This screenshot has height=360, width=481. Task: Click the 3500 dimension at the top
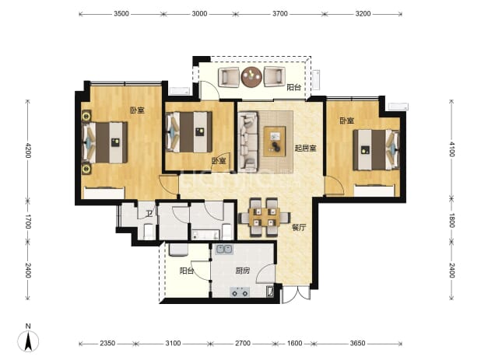click(x=121, y=14)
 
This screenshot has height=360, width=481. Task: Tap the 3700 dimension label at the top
click(x=280, y=14)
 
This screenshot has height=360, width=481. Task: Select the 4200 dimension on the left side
click(x=28, y=150)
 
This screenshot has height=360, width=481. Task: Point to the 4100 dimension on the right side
click(x=451, y=149)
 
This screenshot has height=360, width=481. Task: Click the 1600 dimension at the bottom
click(x=294, y=343)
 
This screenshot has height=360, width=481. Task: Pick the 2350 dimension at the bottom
click(x=107, y=343)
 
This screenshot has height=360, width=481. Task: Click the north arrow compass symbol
click(x=28, y=339)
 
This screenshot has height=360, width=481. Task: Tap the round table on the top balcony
click(x=251, y=77)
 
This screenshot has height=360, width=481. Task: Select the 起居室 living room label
click(x=305, y=149)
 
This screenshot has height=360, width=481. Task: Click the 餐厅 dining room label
click(x=299, y=227)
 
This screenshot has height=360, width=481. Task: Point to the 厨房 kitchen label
click(x=243, y=271)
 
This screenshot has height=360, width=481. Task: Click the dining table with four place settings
click(x=265, y=217)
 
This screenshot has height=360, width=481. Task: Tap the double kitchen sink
click(x=224, y=250)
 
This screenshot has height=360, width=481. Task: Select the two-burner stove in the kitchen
click(x=240, y=292)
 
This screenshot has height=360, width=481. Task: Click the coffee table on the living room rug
click(x=275, y=142)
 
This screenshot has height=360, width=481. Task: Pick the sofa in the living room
click(x=248, y=142)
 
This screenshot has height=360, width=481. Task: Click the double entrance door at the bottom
click(x=297, y=295)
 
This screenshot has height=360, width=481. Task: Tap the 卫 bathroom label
click(x=149, y=214)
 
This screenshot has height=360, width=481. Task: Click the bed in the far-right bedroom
click(x=376, y=150)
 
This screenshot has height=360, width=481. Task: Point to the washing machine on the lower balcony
click(x=178, y=250)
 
